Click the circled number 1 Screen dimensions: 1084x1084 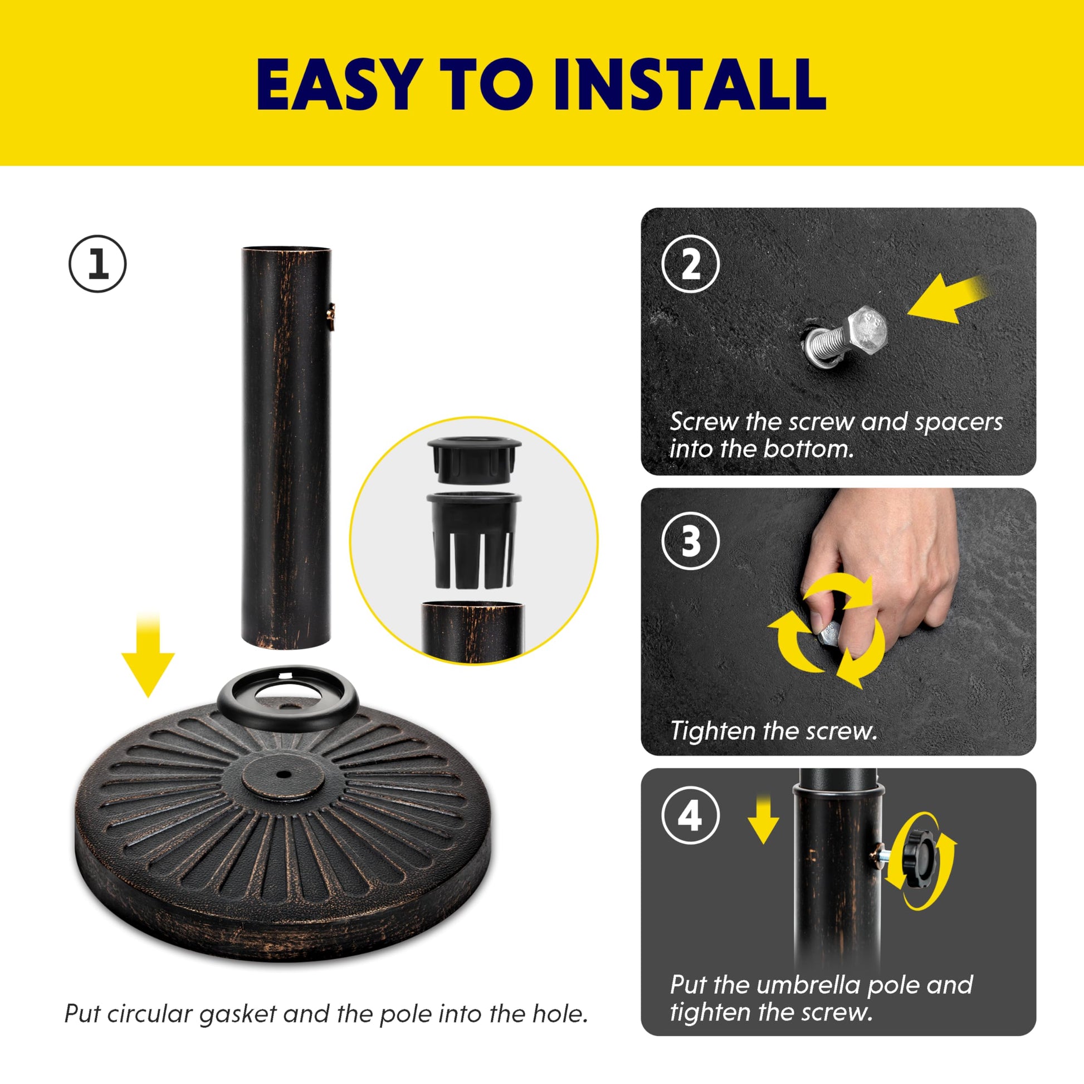tap(97, 263)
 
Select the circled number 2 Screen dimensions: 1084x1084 tap(690, 263)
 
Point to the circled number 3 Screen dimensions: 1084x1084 tap(690, 541)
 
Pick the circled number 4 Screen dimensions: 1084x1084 tap(690, 817)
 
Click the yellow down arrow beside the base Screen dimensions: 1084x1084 tap(148, 655)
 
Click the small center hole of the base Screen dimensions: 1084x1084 tap(284, 775)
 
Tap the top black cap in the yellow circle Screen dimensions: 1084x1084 tap(475, 460)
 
